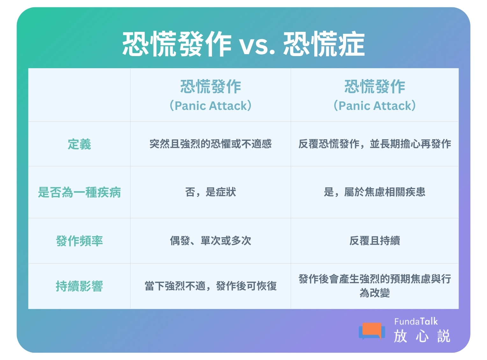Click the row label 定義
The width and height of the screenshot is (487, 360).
(x=79, y=144)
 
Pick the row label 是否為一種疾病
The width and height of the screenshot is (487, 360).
(x=79, y=192)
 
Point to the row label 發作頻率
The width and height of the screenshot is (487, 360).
(x=79, y=241)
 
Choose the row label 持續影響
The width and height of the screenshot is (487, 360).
(x=79, y=286)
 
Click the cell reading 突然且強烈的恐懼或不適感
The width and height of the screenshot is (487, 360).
(x=210, y=144)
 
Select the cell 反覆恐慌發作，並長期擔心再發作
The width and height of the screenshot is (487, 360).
(x=374, y=144)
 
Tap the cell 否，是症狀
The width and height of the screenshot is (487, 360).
(x=210, y=192)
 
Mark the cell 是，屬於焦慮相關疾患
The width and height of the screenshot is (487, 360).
(x=374, y=192)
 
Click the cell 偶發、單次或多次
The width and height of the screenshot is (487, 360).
(x=210, y=241)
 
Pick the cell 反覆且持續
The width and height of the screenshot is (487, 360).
(x=374, y=241)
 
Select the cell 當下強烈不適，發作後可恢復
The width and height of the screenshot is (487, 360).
(x=210, y=286)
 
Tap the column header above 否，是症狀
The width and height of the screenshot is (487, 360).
(x=210, y=95)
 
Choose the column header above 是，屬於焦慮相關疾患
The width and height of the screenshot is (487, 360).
(x=374, y=95)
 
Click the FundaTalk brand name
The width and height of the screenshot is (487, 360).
(x=416, y=321)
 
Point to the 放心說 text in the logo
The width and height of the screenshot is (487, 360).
(x=422, y=336)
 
